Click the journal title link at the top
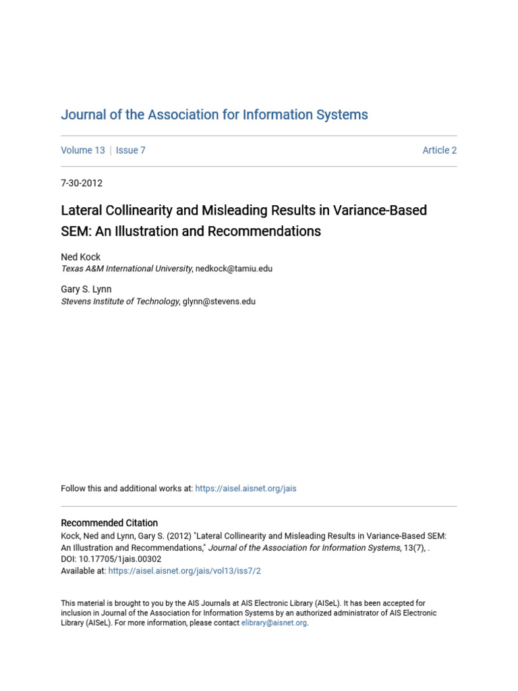point(214,115)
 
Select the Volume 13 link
point(83,150)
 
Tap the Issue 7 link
point(130,150)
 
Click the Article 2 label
point(439,150)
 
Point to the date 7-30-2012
point(82,183)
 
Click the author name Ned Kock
point(81,257)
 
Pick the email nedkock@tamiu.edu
point(235,269)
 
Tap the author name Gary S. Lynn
point(86,289)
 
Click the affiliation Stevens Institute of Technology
point(120,302)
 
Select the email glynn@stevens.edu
point(219,302)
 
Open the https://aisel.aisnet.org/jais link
point(246,489)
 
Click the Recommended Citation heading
point(109,523)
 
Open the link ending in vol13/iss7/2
point(184,571)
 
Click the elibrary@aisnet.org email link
point(274,624)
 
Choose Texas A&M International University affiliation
point(127,269)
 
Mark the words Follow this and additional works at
point(127,489)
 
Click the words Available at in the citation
point(84,571)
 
